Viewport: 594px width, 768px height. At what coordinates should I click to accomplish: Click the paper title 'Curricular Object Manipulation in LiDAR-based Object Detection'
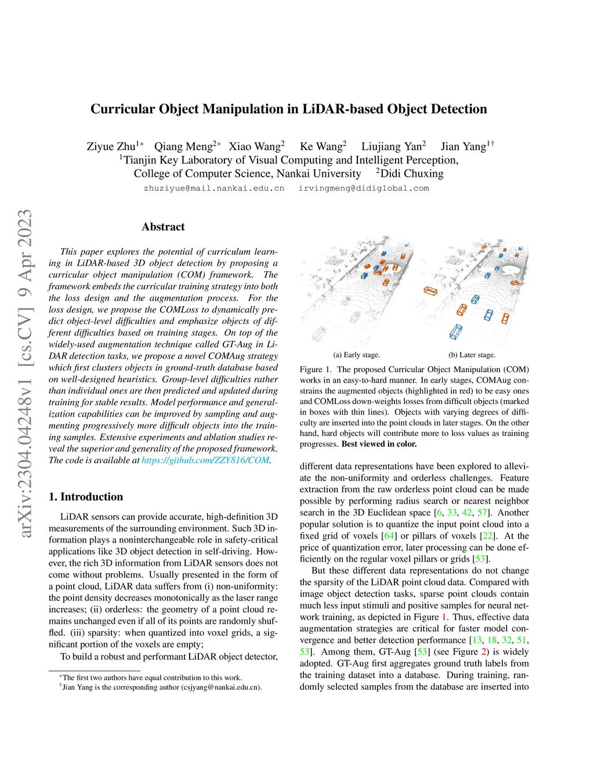pos(288,109)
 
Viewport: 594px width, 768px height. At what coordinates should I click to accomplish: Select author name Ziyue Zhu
pos(111,147)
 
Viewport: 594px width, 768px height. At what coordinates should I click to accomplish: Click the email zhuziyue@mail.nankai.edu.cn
pos(214,188)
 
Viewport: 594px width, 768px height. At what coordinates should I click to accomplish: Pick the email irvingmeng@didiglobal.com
pos(364,188)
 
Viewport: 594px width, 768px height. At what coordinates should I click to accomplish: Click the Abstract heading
pos(163,227)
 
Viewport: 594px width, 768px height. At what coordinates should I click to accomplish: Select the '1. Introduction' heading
pos(86,497)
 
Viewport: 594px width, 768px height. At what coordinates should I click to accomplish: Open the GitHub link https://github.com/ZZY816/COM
pos(205,460)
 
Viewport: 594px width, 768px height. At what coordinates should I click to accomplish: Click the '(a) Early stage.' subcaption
pos(356,355)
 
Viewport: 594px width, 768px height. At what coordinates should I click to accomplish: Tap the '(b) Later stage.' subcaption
pos(472,355)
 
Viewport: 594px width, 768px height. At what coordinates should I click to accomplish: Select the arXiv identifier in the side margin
pos(26,373)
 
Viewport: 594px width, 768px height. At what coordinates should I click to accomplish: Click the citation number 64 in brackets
pos(389,536)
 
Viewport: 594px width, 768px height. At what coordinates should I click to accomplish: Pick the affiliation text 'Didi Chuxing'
pos(411,174)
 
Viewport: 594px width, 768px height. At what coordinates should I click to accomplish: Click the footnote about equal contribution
pos(152,678)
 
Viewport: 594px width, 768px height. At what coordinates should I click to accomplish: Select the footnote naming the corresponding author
pos(162,687)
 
